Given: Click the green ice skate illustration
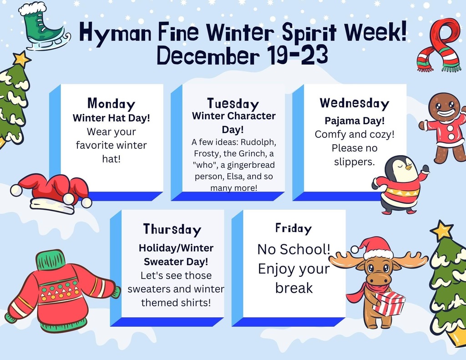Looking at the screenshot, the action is tap(45, 27).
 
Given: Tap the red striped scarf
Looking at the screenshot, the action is tap(439, 45).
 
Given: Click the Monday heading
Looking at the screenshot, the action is tap(111, 104).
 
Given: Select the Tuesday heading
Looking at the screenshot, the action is tap(233, 104).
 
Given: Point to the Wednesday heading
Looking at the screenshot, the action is tap(354, 103).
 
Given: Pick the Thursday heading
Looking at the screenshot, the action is tap(172, 229).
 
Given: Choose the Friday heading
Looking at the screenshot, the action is tap(294, 228).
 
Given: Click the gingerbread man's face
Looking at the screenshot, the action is tap(444, 106).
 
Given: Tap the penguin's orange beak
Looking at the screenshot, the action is tap(409, 167).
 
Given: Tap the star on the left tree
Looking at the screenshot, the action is tap(21, 59).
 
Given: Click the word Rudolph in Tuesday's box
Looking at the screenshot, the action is tap(258, 142).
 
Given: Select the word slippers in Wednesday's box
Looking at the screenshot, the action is tap(354, 162).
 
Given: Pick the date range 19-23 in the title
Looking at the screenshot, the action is tap(297, 55).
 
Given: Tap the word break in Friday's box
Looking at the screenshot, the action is tap(294, 288).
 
